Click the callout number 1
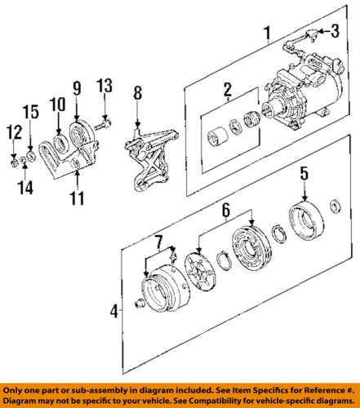(265, 33)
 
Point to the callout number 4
(114, 311)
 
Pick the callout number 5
(303, 174)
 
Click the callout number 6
(224, 211)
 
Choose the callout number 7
(159, 241)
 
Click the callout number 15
(30, 112)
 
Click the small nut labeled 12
(16, 154)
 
